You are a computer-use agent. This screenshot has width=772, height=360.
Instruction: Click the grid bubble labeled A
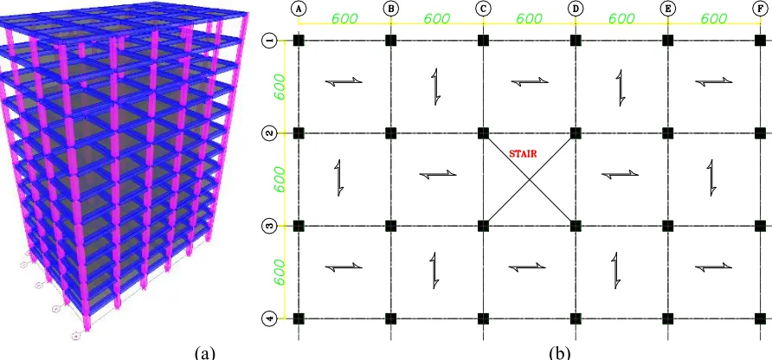(298, 8)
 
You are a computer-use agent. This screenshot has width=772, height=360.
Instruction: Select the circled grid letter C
(483, 8)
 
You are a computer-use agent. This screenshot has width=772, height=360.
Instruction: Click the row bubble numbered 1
(269, 41)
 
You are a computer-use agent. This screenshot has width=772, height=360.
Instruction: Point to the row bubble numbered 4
(269, 318)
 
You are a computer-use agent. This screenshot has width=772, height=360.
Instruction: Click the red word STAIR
(523, 154)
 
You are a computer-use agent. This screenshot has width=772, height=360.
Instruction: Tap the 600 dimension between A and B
(344, 18)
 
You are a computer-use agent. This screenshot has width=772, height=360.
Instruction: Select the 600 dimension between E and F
(714, 18)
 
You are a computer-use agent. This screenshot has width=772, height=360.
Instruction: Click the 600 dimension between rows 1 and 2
(280, 87)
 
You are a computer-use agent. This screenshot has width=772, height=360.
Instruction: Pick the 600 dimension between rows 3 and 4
(280, 272)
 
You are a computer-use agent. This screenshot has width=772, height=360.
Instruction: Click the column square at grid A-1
(299, 41)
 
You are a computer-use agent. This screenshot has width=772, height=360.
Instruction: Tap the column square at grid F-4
(760, 318)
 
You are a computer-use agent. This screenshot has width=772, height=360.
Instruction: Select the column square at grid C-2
(483, 133)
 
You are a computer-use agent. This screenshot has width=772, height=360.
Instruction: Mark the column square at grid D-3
(576, 226)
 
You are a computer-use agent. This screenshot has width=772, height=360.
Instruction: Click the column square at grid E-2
(667, 133)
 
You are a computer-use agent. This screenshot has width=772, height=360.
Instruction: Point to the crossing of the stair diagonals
(530, 180)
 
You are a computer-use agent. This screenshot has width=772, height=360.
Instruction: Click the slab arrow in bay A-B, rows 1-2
(344, 81)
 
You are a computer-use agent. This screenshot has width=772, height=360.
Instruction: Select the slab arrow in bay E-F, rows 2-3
(711, 177)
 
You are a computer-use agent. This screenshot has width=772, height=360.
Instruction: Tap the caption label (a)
(205, 352)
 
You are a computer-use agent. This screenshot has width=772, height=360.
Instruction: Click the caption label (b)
(560, 352)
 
